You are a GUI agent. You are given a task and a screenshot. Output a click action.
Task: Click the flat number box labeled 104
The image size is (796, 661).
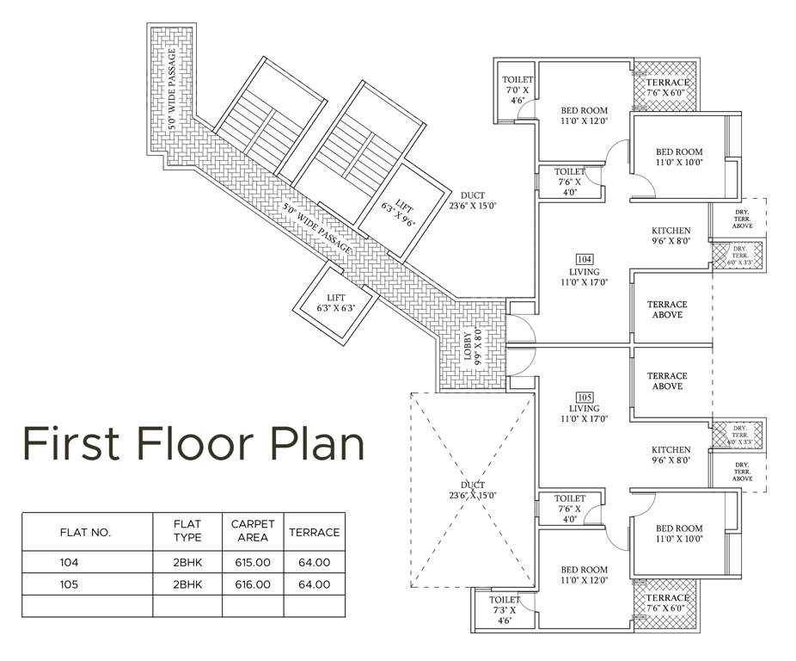pyautogui.click(x=585, y=259)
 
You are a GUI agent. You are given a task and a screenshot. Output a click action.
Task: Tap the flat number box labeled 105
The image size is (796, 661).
pyautogui.click(x=585, y=396)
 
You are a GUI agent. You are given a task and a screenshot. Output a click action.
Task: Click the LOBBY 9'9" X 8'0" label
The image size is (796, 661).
pyautogui.click(x=474, y=346)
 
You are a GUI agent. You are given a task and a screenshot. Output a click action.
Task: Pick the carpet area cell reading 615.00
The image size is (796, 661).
pyautogui.click(x=253, y=561)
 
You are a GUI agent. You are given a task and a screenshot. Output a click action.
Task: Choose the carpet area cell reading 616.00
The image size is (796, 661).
pyautogui.click(x=253, y=584)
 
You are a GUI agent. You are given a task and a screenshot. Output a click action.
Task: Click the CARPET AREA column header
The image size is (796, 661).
pyautogui.click(x=253, y=531)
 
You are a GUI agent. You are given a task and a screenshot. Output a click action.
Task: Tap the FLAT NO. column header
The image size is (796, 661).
pyautogui.click(x=86, y=532)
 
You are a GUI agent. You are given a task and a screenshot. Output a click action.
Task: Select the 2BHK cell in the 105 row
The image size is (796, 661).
pyautogui.click(x=187, y=584)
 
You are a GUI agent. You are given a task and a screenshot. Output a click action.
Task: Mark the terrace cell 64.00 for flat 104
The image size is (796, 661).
pyautogui.click(x=314, y=561)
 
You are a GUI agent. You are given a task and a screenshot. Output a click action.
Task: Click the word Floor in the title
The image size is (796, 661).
pyautogui.click(x=193, y=442)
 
